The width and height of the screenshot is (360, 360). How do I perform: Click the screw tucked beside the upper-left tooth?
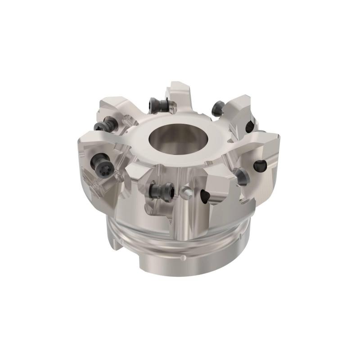[x=110, y=122]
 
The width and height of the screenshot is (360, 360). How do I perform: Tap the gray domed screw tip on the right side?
[x=242, y=177]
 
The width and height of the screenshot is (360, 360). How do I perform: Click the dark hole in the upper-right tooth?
[x=248, y=126]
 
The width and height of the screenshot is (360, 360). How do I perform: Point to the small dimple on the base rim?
[x=183, y=258]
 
